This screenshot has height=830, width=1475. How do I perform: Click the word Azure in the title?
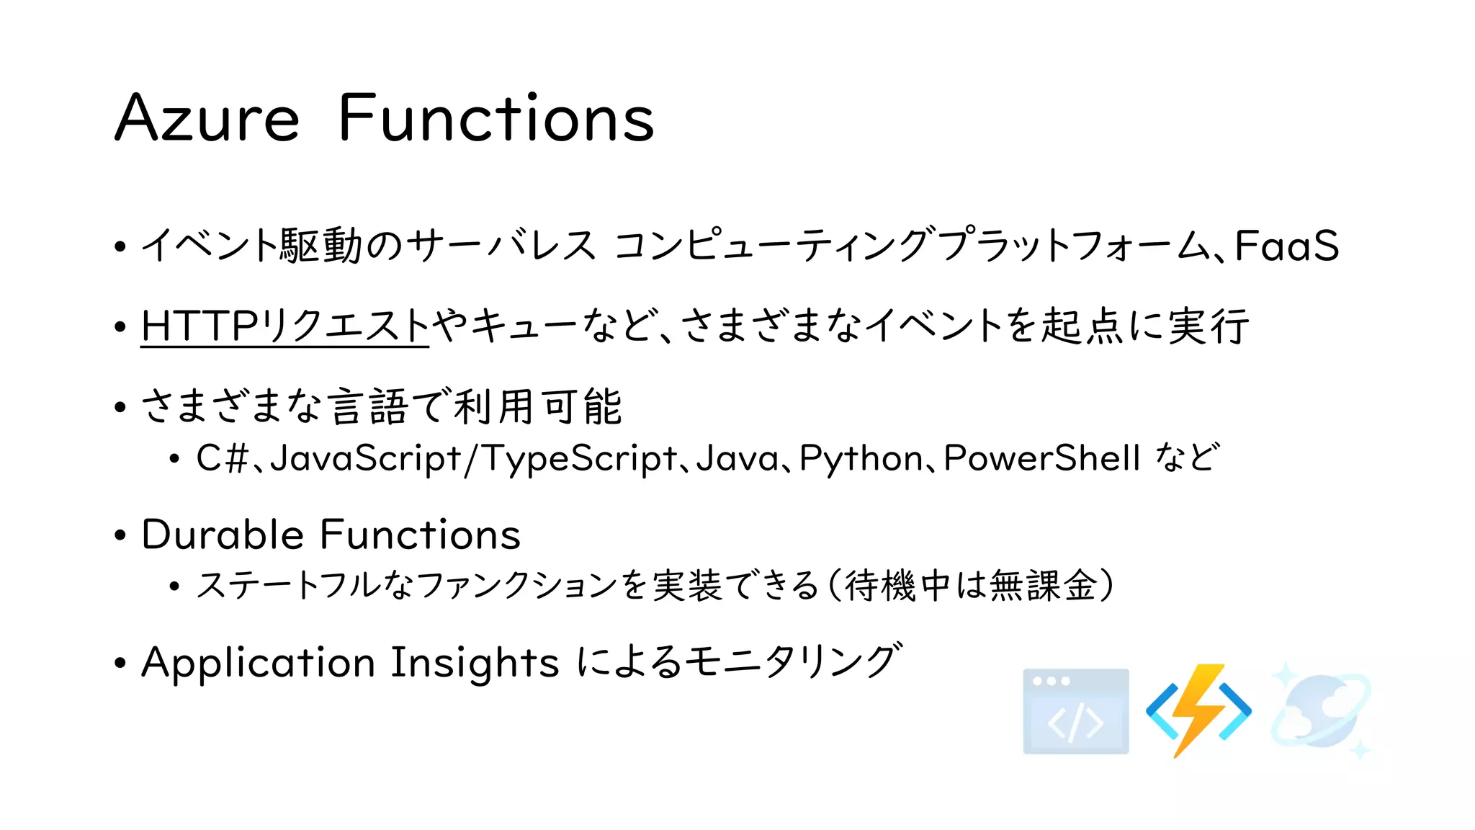click(x=207, y=119)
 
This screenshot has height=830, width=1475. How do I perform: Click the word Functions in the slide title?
click(x=496, y=119)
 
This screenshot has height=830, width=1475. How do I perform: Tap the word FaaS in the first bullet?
click(x=1287, y=246)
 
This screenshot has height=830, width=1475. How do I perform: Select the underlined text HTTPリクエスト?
click(x=284, y=326)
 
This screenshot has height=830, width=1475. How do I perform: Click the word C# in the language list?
click(x=222, y=458)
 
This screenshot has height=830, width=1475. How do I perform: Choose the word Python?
click(x=861, y=458)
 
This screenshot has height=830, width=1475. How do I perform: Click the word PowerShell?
click(x=1042, y=458)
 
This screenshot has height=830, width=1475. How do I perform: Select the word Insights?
click(x=474, y=662)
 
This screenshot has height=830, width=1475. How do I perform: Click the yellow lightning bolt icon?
click(x=1198, y=709)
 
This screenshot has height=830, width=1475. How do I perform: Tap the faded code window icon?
click(x=1076, y=712)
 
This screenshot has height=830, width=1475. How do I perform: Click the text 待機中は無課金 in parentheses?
click(x=971, y=585)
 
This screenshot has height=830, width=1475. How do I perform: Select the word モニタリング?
click(x=792, y=661)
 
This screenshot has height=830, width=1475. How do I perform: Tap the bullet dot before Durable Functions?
click(x=120, y=535)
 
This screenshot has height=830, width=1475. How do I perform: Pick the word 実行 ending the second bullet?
click(x=1209, y=326)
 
